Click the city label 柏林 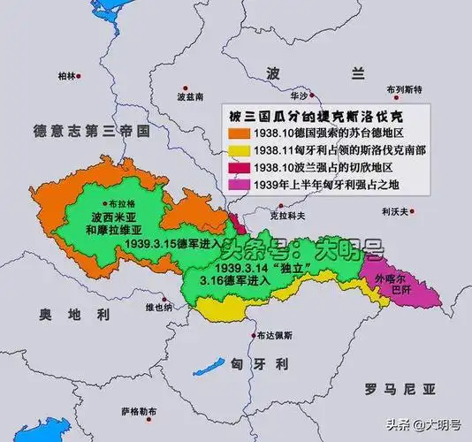(65, 76)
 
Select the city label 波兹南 (190, 95)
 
